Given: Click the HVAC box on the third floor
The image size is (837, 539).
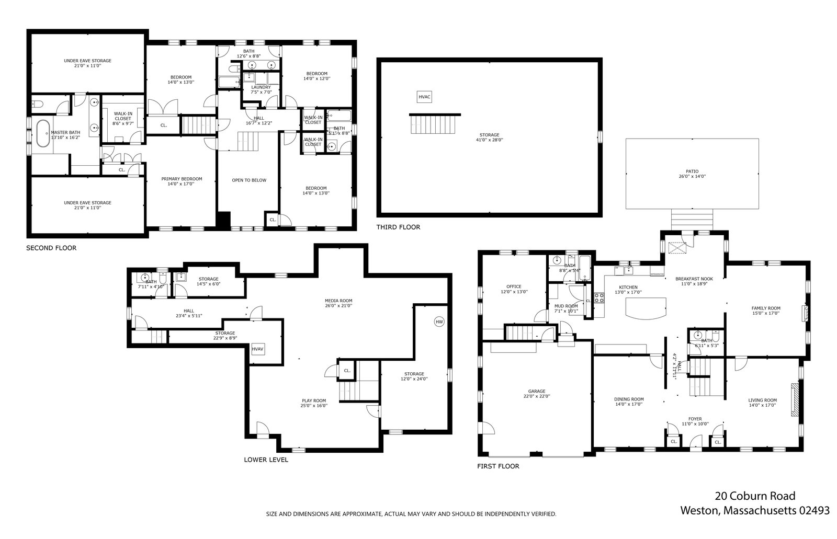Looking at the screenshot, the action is pos(424,97).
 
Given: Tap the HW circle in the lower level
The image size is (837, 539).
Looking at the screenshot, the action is pos(438,322).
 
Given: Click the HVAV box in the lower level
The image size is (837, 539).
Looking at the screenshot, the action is pos(257,349).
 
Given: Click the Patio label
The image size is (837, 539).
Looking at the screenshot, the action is pos(692,174).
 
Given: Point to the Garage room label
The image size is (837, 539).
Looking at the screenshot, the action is pos(537,394).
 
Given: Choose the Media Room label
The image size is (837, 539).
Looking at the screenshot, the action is pos(338,303).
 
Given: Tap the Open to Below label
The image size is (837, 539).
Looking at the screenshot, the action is pos(249,180).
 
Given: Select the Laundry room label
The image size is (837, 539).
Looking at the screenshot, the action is pos(261,90).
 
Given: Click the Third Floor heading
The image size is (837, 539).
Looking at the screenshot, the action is pos(398,227).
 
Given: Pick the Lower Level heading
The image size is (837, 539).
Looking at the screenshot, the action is pos(266,460).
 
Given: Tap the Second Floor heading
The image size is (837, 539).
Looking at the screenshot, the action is pos(51,248).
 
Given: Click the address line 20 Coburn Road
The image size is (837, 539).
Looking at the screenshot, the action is pos(755,496).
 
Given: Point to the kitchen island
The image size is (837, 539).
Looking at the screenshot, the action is pos(646,307).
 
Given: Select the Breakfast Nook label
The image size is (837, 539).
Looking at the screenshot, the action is pos(694,281).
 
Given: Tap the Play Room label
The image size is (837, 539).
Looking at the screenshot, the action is pos(314,403).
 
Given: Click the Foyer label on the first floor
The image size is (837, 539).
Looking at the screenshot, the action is pos(695,421).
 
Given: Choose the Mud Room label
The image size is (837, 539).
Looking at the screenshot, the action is pos(566,308).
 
